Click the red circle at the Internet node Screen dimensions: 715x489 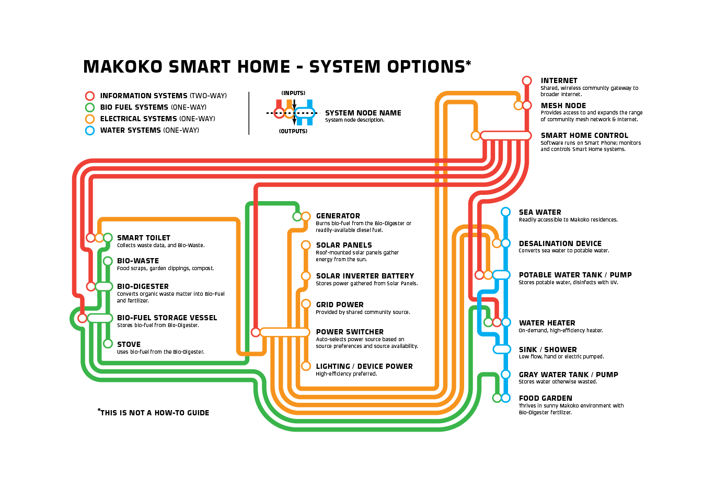[x=527, y=80]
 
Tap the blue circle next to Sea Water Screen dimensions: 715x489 [x=505, y=212]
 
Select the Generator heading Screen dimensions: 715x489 [x=338, y=216]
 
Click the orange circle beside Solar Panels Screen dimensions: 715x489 [x=306, y=245]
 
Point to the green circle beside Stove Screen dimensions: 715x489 [x=108, y=344]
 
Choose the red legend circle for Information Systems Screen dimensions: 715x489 [x=90, y=96]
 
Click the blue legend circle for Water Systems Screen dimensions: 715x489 [x=90, y=131]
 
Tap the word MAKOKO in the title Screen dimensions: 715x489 [x=121, y=67]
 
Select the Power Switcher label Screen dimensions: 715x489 [x=350, y=332]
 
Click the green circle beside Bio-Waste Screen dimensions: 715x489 [x=108, y=261]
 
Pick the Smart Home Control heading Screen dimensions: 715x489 [x=584, y=135]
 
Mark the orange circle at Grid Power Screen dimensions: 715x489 [x=306, y=304]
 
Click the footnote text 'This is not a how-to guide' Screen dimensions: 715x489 [x=154, y=413]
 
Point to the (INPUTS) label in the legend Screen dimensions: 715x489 [x=293, y=93]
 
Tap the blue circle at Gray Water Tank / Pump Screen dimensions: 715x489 [x=505, y=374]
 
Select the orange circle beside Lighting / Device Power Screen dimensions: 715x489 [x=306, y=366]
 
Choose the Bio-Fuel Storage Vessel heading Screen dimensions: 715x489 [x=167, y=318]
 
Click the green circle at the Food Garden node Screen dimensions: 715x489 [x=497, y=398]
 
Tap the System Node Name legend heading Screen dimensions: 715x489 [x=363, y=113]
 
